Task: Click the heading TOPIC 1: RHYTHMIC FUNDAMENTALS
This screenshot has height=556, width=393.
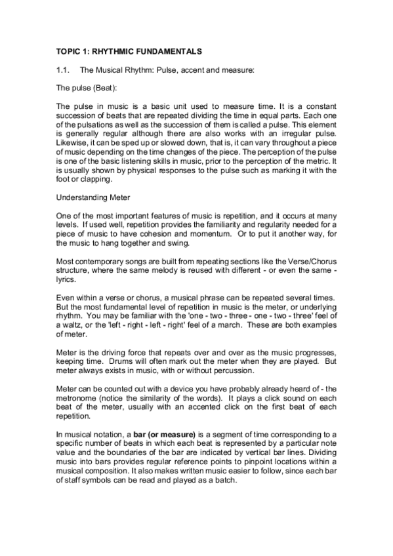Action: click(x=129, y=50)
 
